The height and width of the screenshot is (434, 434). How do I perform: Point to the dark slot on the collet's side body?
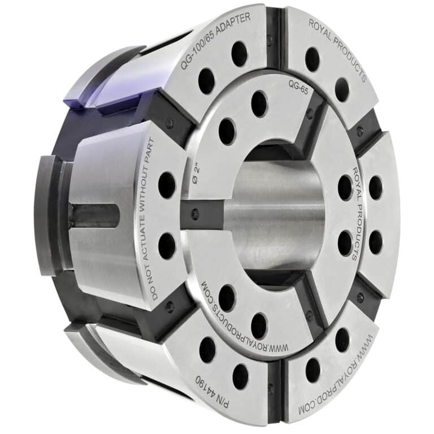coord(93,215)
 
